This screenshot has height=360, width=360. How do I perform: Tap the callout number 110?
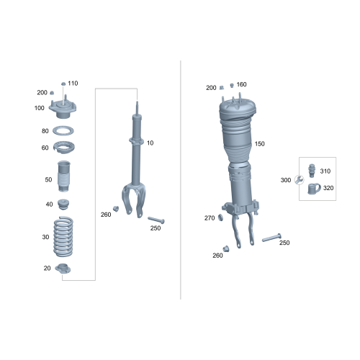73,84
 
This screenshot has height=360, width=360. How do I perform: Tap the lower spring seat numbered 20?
64,271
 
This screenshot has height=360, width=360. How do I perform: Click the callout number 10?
150,143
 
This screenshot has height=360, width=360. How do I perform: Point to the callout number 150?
260,144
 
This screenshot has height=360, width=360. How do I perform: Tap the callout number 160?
241,84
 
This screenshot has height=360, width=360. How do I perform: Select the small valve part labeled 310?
312,171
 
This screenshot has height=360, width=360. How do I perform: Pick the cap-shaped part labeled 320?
313,189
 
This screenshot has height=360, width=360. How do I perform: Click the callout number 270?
210,217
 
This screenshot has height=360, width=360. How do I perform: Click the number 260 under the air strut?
217,255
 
